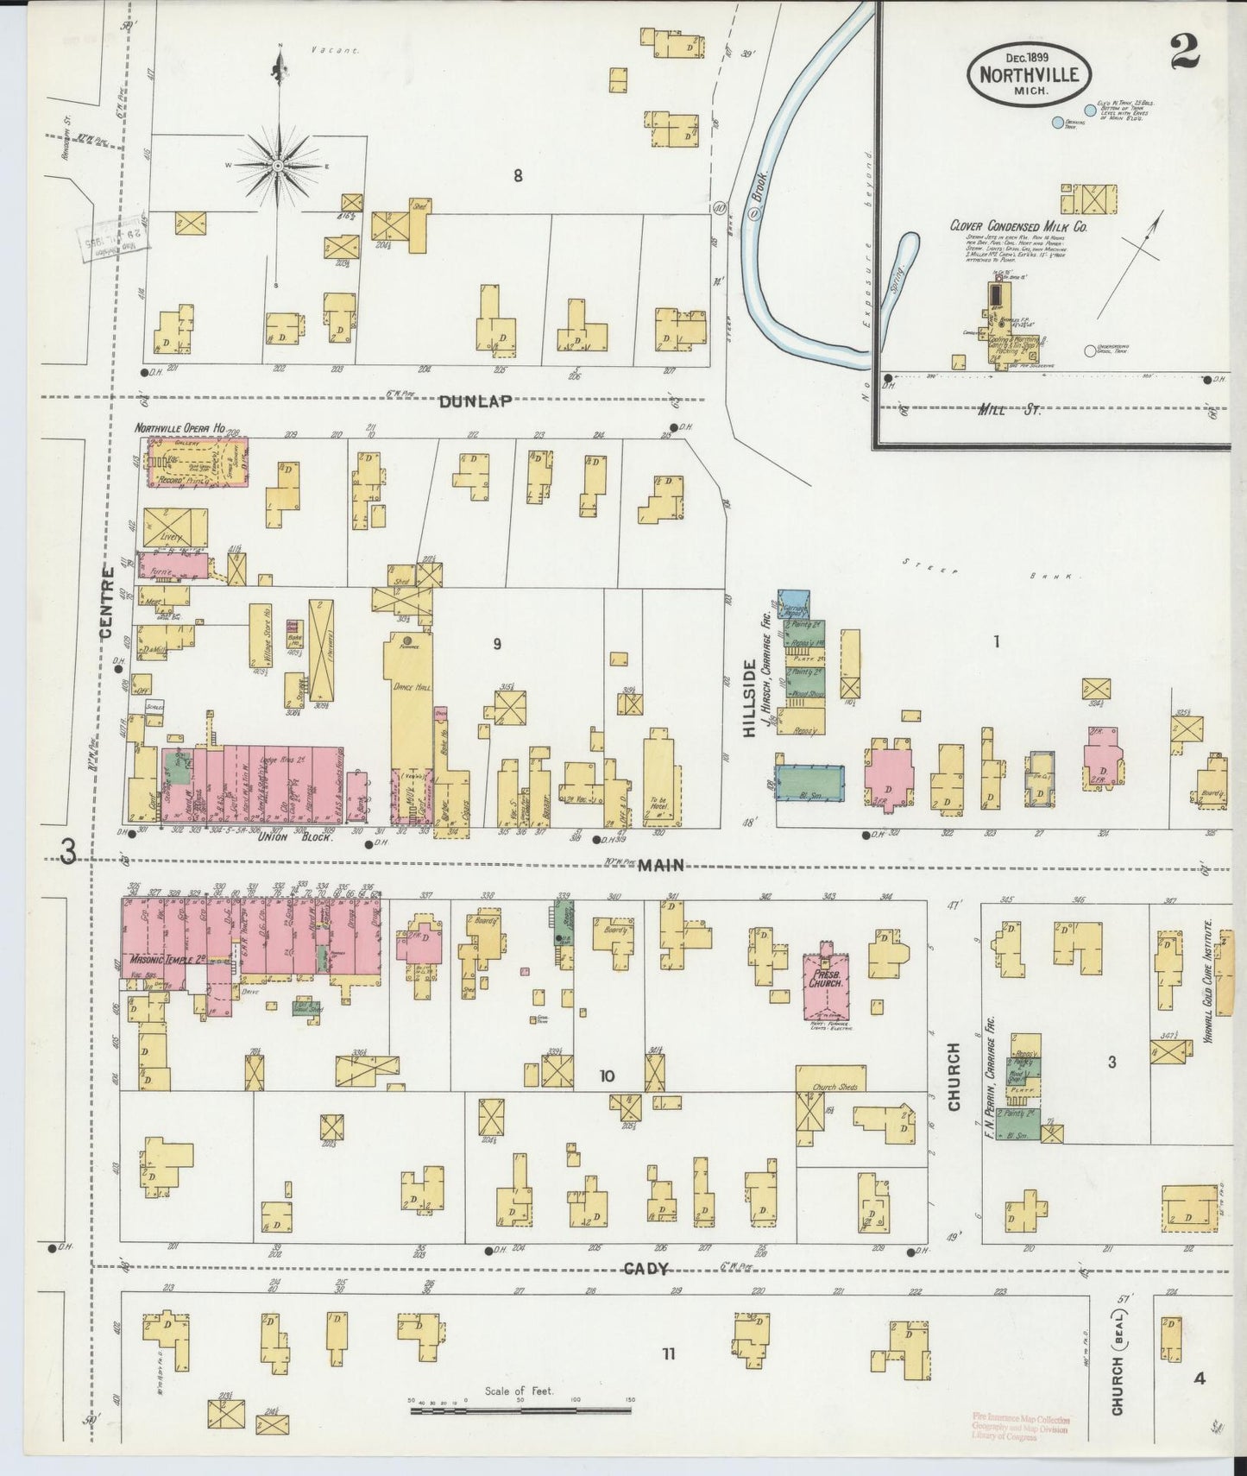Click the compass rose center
click(x=279, y=166)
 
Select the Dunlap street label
click(x=475, y=401)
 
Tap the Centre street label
click(x=107, y=602)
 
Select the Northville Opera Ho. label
click(x=179, y=428)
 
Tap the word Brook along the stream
click(x=757, y=199)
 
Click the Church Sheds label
click(x=836, y=1087)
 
